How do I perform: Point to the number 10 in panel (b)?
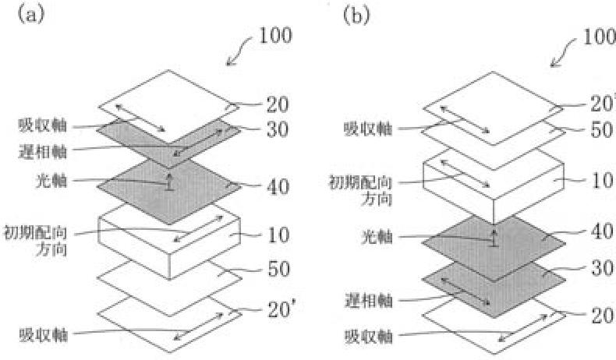tap(601, 182)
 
